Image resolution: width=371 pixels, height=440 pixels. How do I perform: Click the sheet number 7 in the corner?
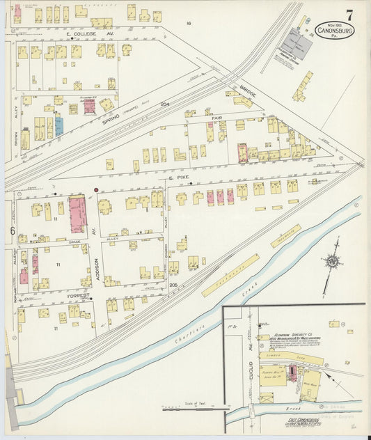click(x=348, y=14)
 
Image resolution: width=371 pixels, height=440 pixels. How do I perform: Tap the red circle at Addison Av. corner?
click(x=95, y=189)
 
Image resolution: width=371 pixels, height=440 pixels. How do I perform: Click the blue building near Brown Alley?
click(x=59, y=126)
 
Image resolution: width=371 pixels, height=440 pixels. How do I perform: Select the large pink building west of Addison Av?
click(x=77, y=214)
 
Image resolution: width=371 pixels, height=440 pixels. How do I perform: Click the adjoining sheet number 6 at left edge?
click(x=12, y=230)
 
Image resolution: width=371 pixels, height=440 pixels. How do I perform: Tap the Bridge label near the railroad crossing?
click(x=248, y=91)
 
